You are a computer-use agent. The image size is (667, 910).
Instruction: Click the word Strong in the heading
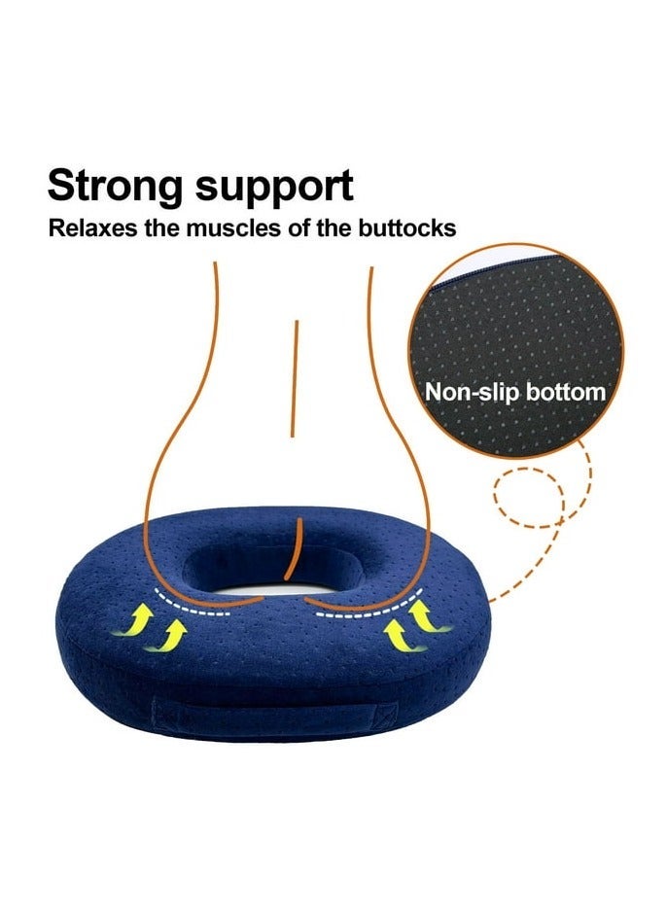click(115, 187)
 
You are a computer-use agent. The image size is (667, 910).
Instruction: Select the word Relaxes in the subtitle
click(93, 228)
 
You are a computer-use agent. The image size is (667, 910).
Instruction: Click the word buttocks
click(407, 228)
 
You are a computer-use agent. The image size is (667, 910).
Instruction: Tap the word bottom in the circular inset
click(566, 393)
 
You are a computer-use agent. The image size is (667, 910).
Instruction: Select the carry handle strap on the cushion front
click(264, 713)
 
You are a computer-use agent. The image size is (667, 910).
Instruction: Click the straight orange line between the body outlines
click(295, 378)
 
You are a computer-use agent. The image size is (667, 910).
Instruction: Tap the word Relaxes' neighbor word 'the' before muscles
click(162, 228)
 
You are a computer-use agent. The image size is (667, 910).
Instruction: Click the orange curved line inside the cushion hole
click(297, 549)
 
